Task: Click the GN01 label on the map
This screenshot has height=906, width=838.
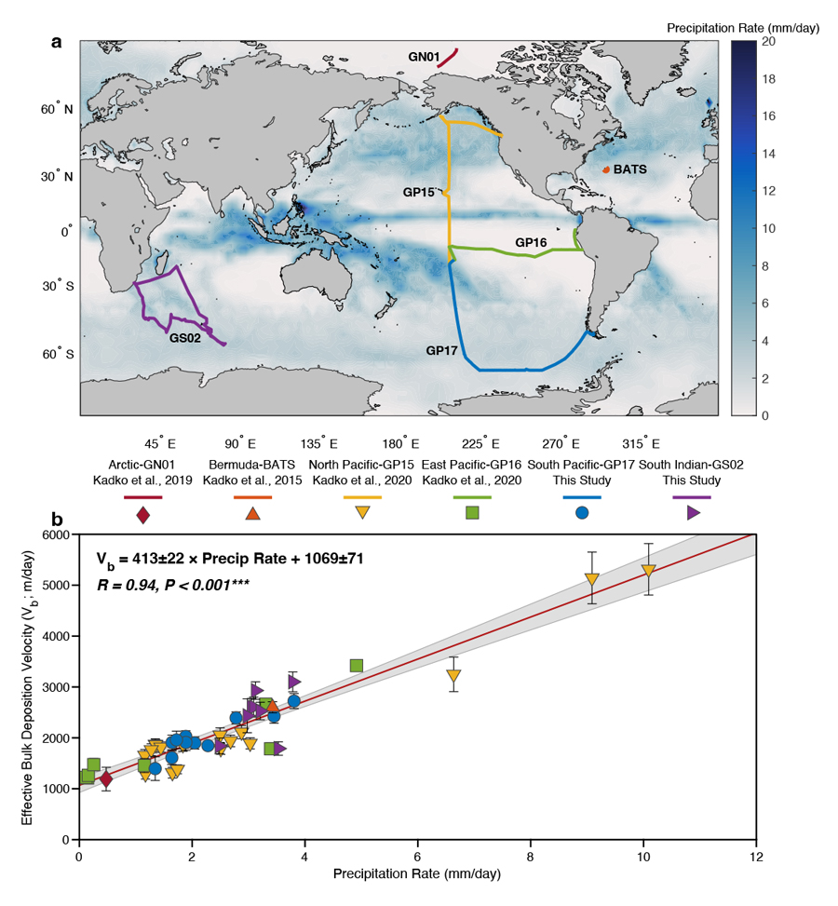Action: pos(424,57)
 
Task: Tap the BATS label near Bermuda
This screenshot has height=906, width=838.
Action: pos(629,169)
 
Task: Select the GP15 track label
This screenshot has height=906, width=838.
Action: pos(417,193)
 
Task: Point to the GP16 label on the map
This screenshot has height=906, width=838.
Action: pos(533,242)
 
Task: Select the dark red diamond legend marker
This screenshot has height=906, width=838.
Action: pos(143,513)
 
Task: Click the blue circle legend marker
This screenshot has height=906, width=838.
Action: pos(581,513)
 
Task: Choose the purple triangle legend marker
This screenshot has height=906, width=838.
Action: pos(692,513)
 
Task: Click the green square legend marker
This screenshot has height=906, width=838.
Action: pos(472,513)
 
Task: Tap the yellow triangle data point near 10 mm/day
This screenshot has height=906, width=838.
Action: pos(649,570)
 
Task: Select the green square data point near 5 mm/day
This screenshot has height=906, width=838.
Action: pos(356,665)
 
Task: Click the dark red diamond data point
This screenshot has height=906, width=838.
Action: pos(106,778)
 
